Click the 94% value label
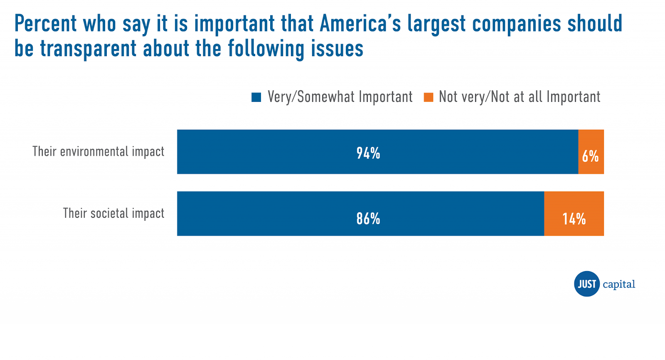tap(368, 153)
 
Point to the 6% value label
tap(590, 156)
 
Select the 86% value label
tap(368, 219)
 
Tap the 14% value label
tap(574, 219)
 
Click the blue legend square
tap(256, 97)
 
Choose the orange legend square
tap(428, 97)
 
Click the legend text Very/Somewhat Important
tap(340, 97)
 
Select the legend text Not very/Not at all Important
tap(520, 97)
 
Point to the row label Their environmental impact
tap(99, 151)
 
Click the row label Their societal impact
tap(113, 213)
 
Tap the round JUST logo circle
tap(587, 284)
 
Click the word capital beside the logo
tap(619, 284)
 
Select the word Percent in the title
tap(46, 24)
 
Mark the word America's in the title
tap(360, 24)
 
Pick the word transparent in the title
tap(88, 49)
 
